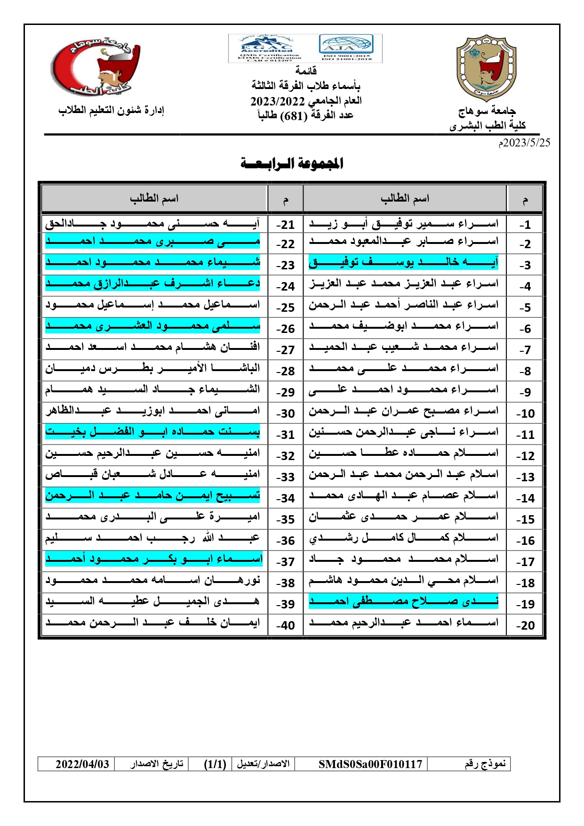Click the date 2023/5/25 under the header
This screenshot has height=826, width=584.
click(x=524, y=143)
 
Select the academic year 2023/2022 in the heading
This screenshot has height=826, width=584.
click(x=278, y=101)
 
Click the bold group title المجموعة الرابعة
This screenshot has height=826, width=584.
click(x=292, y=163)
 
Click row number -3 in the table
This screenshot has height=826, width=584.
click(x=525, y=265)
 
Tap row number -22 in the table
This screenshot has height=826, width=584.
click(x=285, y=244)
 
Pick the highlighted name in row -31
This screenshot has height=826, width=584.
click(x=152, y=431)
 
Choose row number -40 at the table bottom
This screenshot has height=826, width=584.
click(x=285, y=625)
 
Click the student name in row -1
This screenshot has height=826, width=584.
click(x=403, y=223)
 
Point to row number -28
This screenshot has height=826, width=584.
click(x=285, y=371)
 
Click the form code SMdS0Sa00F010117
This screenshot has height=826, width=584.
click(x=370, y=764)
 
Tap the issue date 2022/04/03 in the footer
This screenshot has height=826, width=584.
click(x=82, y=764)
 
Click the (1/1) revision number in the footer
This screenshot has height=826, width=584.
click(x=215, y=764)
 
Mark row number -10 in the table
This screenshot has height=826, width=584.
click(x=525, y=413)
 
